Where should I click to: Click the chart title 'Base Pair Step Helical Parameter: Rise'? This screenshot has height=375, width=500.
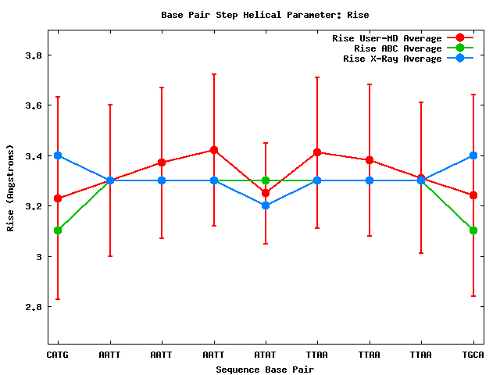click(265, 15)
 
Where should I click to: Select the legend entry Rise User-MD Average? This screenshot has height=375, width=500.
click(387, 38)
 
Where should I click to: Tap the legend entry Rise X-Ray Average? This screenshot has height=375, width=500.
click(393, 59)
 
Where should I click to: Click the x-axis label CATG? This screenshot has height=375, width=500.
click(58, 355)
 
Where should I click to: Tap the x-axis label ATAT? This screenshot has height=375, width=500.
click(266, 355)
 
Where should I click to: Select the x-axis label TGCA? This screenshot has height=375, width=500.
click(473, 355)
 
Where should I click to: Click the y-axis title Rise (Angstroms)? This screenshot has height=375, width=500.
click(11, 187)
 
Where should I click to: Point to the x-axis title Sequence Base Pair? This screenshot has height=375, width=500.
click(265, 369)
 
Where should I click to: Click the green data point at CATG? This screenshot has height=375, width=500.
click(58, 230)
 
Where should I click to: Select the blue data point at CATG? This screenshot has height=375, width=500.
click(58, 155)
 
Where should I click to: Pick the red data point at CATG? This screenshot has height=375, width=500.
click(58, 198)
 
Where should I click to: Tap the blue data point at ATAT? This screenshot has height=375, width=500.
click(266, 205)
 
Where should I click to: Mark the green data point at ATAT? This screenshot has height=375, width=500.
click(266, 180)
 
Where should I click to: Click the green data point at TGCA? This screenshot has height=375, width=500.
click(473, 230)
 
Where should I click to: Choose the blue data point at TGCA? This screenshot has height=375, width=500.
click(473, 155)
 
